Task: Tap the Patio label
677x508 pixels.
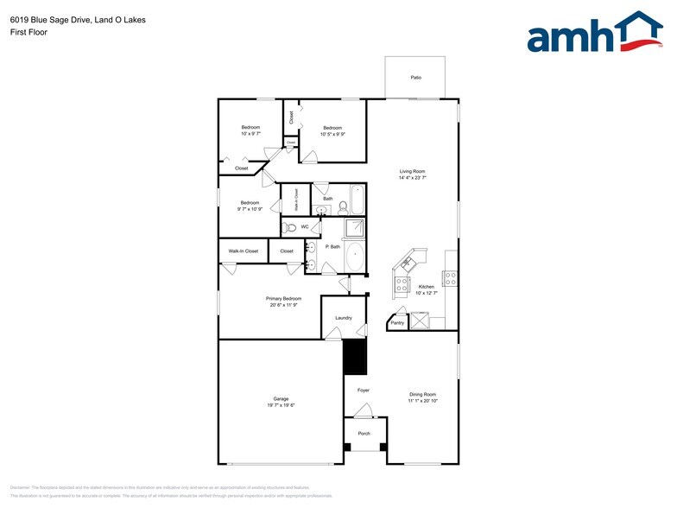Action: click(x=416, y=78)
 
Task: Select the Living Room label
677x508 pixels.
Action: click(x=412, y=172)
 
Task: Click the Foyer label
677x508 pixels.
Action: click(x=364, y=390)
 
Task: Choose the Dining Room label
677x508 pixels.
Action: click(x=422, y=395)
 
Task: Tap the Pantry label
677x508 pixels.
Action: click(x=397, y=322)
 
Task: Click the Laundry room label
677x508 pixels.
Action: click(x=344, y=318)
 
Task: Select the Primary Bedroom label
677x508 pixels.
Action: click(x=283, y=298)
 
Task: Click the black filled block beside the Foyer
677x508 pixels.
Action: click(x=355, y=357)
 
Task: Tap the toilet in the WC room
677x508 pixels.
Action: click(x=290, y=227)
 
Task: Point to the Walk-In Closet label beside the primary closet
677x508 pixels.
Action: click(x=243, y=251)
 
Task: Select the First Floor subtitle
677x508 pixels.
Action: click(x=29, y=32)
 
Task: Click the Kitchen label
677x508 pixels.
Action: click(x=427, y=286)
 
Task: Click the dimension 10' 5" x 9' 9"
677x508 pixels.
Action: click(x=332, y=134)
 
